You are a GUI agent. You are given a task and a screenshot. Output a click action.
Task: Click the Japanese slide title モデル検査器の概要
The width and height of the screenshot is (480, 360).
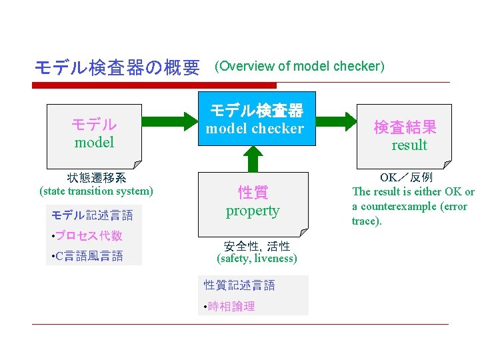click(x=117, y=67)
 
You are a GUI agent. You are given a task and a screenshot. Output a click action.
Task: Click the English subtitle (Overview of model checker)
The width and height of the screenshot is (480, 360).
click(x=298, y=66)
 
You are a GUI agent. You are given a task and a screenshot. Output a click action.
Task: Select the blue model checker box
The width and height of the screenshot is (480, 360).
click(x=254, y=121)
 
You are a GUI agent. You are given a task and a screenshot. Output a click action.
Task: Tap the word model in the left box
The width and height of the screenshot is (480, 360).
click(x=94, y=142)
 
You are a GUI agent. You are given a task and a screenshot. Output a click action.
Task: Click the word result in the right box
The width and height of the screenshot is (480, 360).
click(x=409, y=145)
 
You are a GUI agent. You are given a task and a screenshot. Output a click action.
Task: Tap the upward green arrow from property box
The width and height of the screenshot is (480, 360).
click(x=253, y=159)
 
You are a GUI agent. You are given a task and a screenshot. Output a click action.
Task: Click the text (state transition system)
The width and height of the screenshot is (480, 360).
click(x=97, y=191)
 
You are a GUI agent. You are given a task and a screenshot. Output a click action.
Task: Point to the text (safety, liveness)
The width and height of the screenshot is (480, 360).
click(x=257, y=258)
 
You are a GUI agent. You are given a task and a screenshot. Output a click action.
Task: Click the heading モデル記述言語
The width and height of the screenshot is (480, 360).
click(x=92, y=215)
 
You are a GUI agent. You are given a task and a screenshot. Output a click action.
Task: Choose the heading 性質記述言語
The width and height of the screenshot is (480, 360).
click(x=239, y=285)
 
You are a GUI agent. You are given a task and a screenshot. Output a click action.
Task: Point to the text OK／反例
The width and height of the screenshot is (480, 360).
click(x=406, y=178)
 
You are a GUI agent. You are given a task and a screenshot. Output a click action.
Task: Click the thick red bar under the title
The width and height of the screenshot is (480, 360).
click(x=155, y=85)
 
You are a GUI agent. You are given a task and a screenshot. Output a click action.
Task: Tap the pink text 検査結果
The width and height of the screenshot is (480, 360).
click(x=405, y=127)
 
